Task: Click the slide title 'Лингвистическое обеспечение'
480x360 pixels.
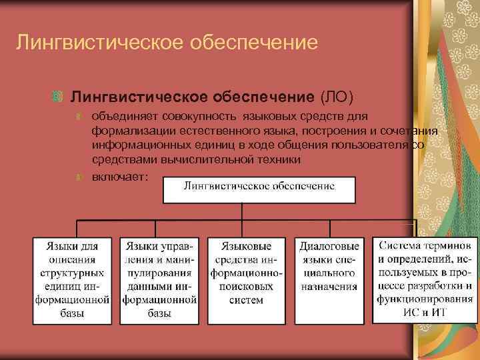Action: pos(167,43)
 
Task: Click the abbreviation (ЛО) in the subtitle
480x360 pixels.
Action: pos(339,97)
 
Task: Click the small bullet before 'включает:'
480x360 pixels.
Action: pos(79,177)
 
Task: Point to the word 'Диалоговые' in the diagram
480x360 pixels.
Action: pos(329,246)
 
